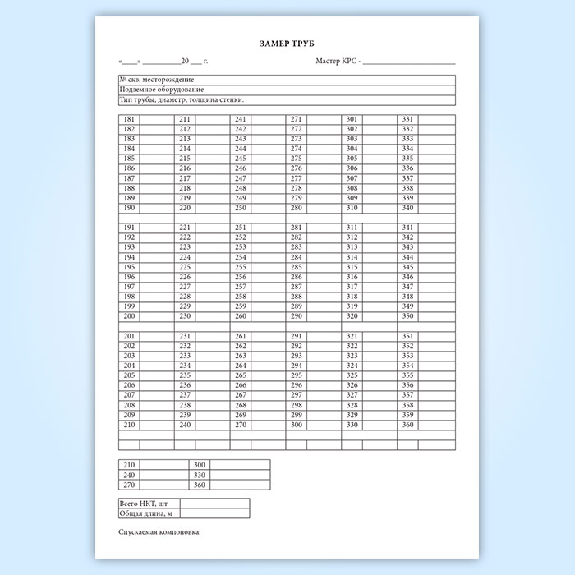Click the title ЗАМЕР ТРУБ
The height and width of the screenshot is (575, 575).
coord(287,44)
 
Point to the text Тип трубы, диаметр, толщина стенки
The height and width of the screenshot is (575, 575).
coord(182,99)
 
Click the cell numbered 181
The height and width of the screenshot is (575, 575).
coord(129,120)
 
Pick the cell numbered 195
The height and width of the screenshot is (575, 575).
coord(129,267)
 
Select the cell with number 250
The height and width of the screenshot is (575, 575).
coord(241,208)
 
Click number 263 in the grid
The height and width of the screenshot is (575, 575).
coord(241,356)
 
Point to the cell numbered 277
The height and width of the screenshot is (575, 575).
coord(297,178)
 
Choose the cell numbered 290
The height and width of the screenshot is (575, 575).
coord(297,316)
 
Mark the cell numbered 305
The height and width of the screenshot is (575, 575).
coord(352,159)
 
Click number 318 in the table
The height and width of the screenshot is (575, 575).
coord(352,297)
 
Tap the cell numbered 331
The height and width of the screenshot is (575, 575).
coord(408,120)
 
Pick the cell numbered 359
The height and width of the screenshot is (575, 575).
coord(408,415)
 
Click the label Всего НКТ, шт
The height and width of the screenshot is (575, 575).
coord(149,503)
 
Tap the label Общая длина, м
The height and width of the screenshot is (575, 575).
coord(147,513)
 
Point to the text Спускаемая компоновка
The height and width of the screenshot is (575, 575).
coord(160,532)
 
